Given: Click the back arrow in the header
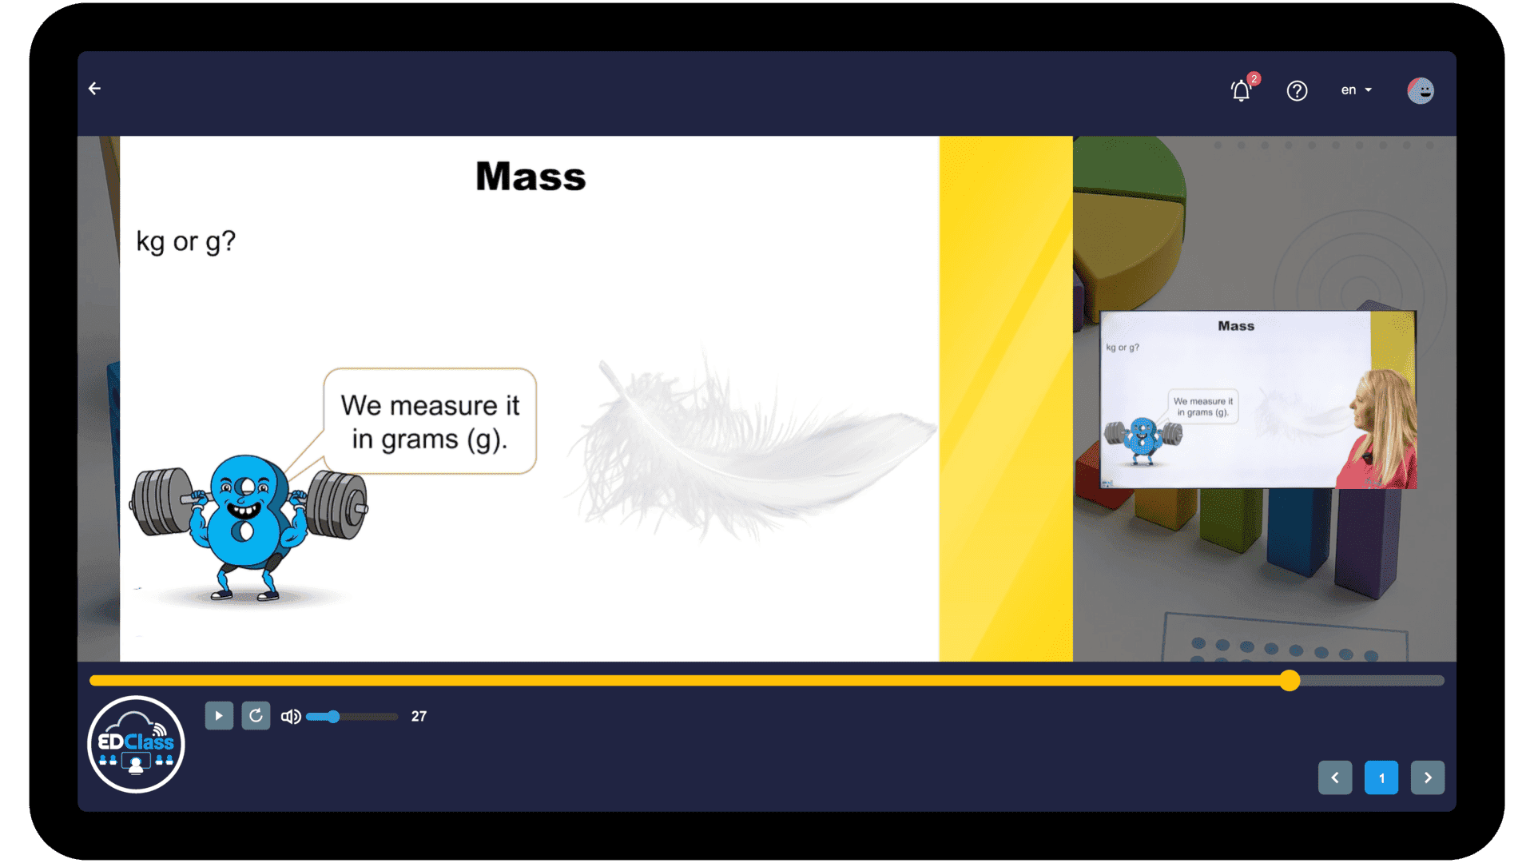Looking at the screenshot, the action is coord(94,89).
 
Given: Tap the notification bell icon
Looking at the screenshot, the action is coord(1241,90).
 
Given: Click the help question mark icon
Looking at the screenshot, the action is coord(1297,91).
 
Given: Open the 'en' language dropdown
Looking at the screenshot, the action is coord(1356,90).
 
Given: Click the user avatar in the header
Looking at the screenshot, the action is coord(1421,90).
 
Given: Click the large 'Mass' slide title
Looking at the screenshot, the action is coord(531,177).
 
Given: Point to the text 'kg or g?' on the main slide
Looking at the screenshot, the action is coord(185,241).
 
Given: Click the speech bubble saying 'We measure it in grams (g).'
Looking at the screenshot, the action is coord(430,421).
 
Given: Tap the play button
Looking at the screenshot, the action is coord(219,716).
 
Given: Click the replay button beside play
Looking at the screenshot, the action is coord(256,716).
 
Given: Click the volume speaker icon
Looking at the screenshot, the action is coord(291,717).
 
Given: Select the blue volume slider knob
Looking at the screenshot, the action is coord(333,717).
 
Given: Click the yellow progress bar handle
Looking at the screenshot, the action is coord(1290,680).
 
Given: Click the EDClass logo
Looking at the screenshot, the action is coord(136,744).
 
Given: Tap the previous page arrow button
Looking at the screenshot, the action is coord(1335,777).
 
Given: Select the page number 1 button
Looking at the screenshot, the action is coord(1381,777).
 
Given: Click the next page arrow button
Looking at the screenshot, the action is coord(1428,777).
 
